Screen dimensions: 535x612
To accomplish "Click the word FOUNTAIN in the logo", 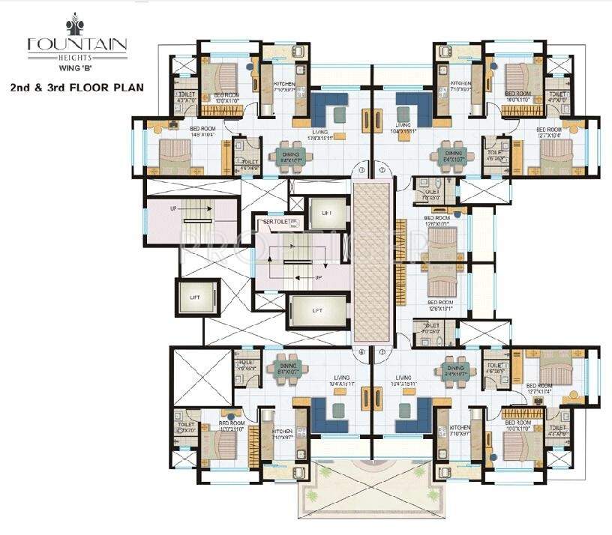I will pos(77,43).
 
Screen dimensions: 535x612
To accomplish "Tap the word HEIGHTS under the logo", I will pos(77,55).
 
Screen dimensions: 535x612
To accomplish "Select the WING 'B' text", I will pos(77,70).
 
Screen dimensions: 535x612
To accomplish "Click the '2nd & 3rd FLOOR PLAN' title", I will pos(77,88).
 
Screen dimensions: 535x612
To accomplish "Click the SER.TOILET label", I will pos(274,222).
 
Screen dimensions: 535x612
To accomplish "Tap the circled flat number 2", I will pos(382,171).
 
